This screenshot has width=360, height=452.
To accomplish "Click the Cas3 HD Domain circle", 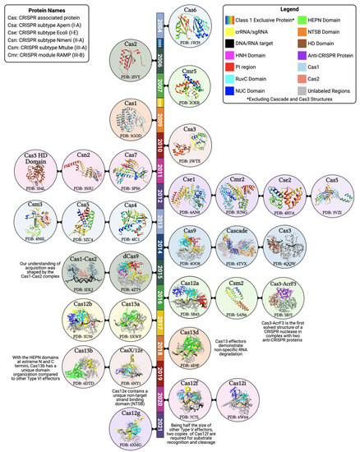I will (35, 168).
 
